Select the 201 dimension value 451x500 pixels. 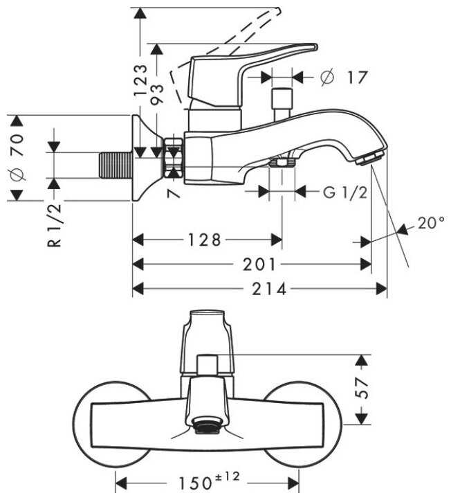tap(259, 265)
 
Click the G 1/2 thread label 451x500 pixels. tap(345, 193)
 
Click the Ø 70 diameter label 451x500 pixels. tap(19, 157)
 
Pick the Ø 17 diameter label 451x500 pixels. tap(344, 78)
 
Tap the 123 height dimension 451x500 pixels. tap(141, 80)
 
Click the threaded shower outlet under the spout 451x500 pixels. tap(281, 163)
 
